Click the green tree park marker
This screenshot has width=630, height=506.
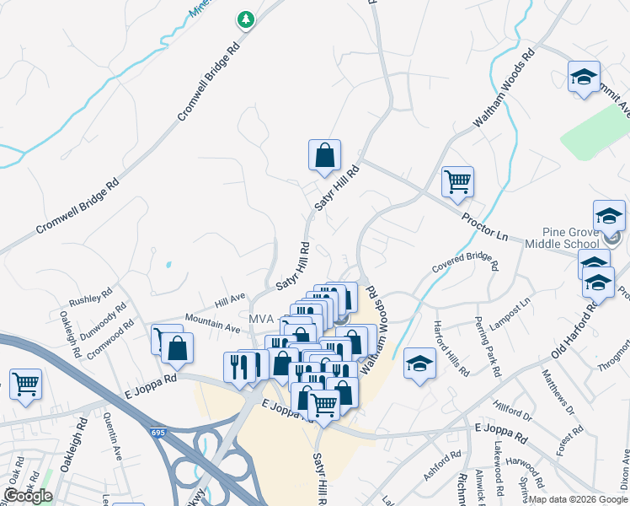pos(245,19)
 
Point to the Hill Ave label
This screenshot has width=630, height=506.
pos(229,297)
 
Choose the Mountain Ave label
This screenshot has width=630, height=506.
pos(212,323)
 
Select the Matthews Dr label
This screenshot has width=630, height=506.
pos(557,391)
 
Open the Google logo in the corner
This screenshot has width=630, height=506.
pos(28,496)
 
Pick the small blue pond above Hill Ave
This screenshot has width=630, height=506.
pos(168,265)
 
